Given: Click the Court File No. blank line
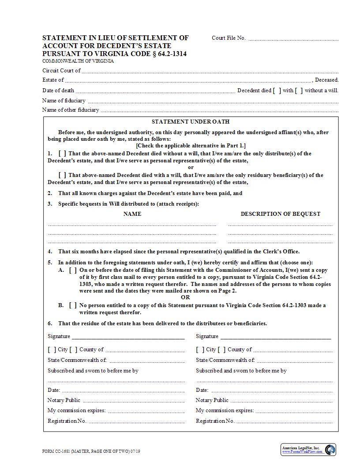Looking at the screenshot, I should pyautogui.click(x=293, y=39).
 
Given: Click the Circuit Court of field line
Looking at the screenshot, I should pyautogui.click(x=210, y=71).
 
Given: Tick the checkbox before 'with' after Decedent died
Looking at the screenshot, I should pyautogui.click(x=277, y=90).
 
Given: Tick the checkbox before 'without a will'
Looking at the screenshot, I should pyautogui.click(x=299, y=90).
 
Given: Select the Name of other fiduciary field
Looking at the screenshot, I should pyautogui.click(x=219, y=111).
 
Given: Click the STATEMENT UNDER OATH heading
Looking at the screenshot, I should pyautogui.click(x=191, y=122).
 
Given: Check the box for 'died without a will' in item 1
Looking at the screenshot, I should pyautogui.click(x=62, y=154).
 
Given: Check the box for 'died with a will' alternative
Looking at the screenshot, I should pyautogui.click(x=62, y=175).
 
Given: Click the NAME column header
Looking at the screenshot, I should pyautogui.click(x=132, y=214).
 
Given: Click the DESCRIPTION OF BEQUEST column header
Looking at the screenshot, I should pyautogui.click(x=280, y=214).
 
